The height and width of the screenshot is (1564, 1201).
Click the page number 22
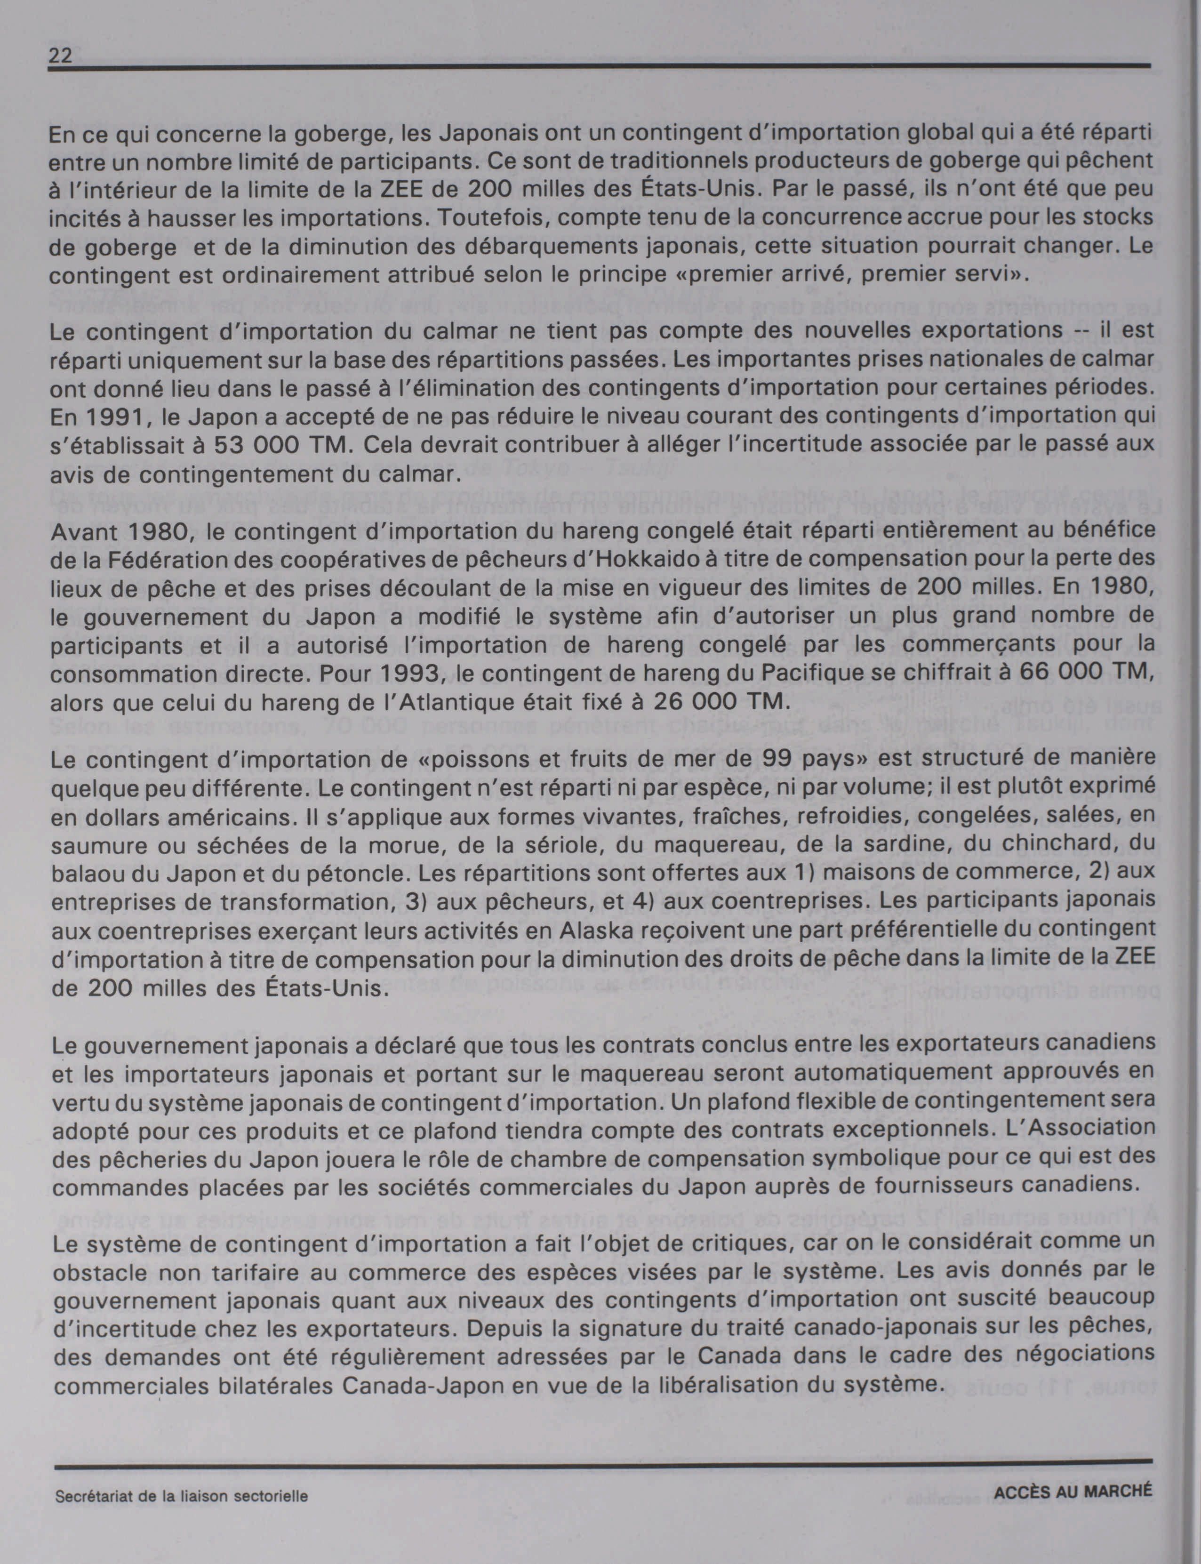pos(61,56)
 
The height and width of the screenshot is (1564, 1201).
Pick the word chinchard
pos(1022,844)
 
